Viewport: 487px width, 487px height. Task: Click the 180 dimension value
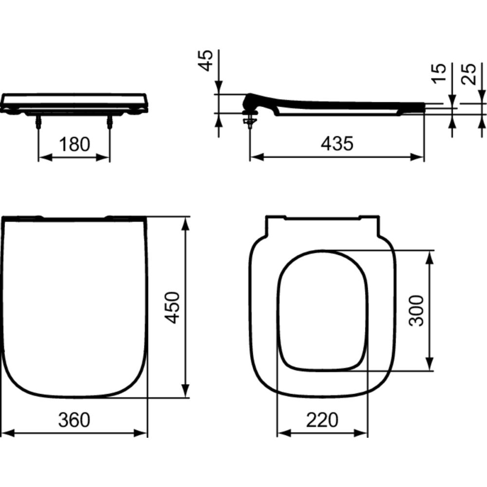(x=74, y=145)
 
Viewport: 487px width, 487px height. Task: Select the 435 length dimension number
(x=337, y=144)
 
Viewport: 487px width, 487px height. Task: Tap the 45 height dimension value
(x=206, y=60)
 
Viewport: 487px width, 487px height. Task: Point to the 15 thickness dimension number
(x=439, y=73)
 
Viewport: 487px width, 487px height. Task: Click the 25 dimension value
(x=468, y=74)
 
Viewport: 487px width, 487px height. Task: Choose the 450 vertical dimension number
(x=172, y=307)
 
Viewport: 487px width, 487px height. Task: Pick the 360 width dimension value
(x=74, y=420)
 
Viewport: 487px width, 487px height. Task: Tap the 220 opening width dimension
(x=322, y=420)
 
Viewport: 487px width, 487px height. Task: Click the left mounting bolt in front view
(x=38, y=121)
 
